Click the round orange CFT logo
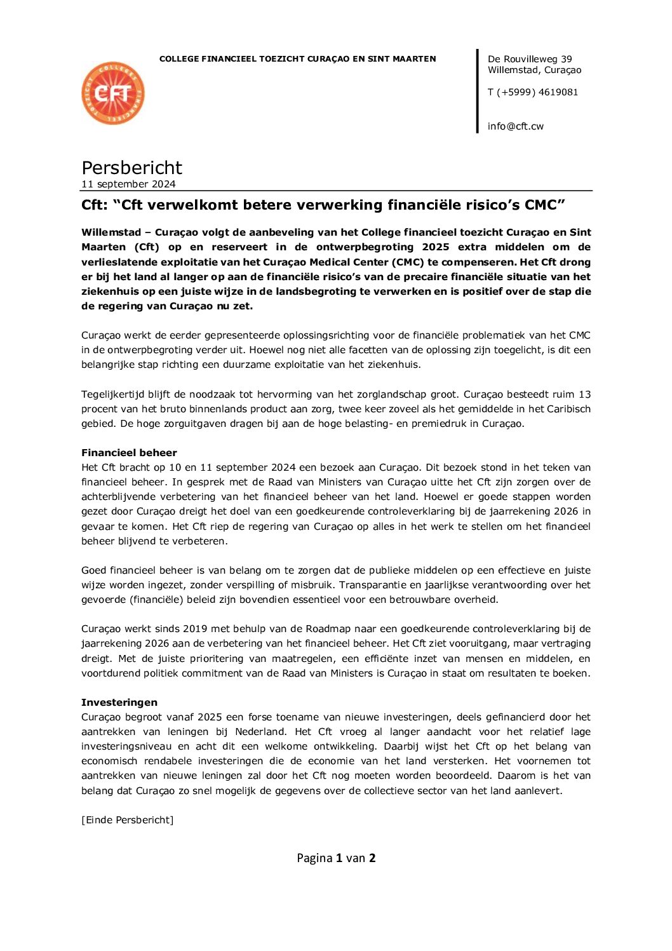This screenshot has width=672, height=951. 113,93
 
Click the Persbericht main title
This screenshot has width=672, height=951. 131,168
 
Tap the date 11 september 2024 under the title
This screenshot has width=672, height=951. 128,184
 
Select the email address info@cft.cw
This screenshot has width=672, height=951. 515,126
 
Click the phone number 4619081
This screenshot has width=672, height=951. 558,92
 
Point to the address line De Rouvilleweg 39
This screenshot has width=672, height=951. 530,59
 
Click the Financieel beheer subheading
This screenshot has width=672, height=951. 129,453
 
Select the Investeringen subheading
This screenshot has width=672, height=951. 119,703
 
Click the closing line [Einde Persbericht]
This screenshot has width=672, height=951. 127,820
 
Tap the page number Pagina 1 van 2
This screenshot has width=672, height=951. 336,858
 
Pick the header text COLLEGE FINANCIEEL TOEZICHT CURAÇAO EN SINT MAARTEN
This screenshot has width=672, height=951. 297,59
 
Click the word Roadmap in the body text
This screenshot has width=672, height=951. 327,629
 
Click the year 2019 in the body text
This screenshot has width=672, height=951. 195,629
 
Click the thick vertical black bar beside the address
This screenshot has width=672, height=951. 478,91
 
